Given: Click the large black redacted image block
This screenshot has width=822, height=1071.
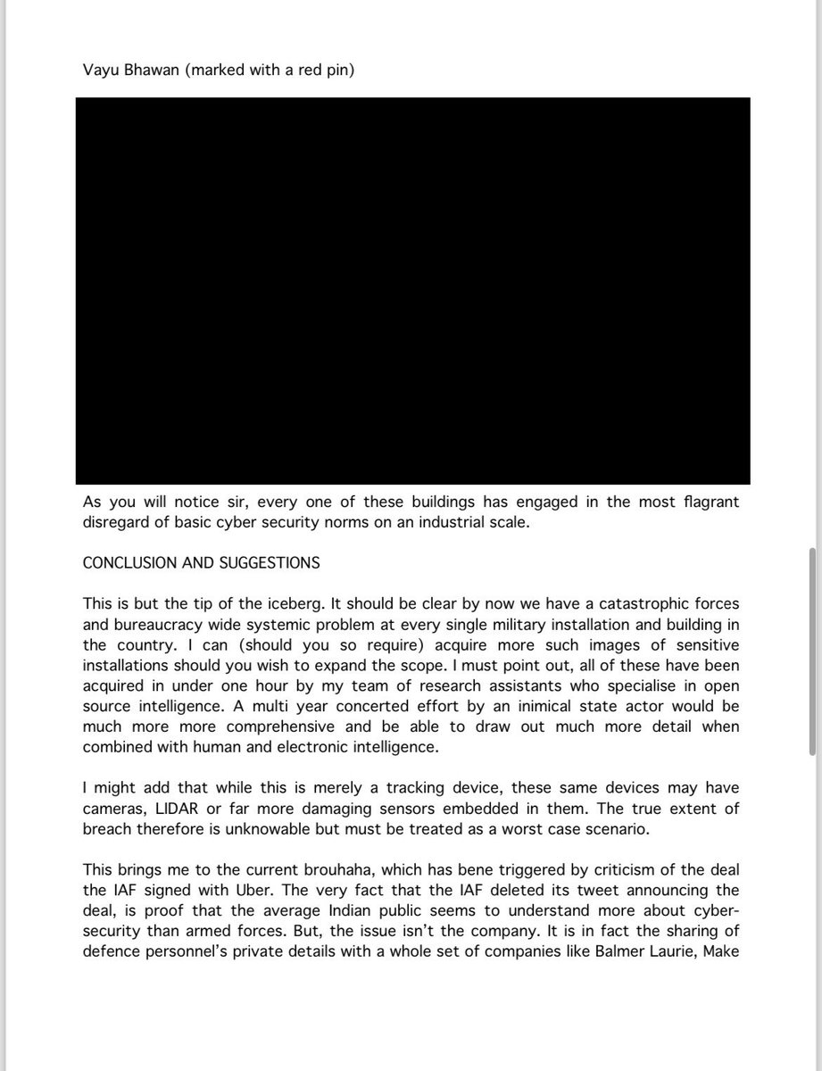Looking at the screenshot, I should (x=412, y=291).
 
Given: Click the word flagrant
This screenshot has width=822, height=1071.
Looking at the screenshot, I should (x=706, y=502).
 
